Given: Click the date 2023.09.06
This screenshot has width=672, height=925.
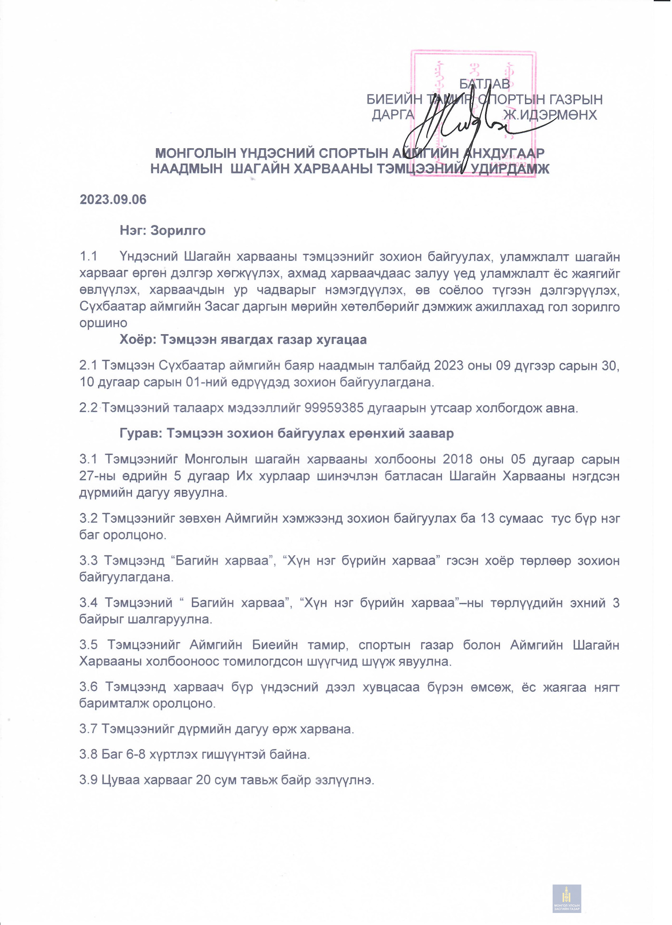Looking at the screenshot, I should pos(113,199).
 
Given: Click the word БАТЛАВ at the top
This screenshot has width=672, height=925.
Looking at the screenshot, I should pos(484,84).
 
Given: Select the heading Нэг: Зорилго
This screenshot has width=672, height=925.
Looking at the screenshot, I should pos(163,230).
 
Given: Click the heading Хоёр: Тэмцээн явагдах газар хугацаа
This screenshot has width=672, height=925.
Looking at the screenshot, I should pos(243,340).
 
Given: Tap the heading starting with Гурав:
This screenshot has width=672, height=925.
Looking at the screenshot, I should pos(286,434).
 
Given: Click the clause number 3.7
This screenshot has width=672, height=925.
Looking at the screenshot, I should pos(89,729).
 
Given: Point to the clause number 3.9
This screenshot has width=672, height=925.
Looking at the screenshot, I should pos(89,780).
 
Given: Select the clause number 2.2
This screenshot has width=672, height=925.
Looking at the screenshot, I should pos(89,408).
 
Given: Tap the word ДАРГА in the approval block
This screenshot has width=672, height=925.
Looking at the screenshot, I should pos(393,115).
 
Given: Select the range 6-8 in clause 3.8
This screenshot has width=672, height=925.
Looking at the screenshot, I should pos(136,754).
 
